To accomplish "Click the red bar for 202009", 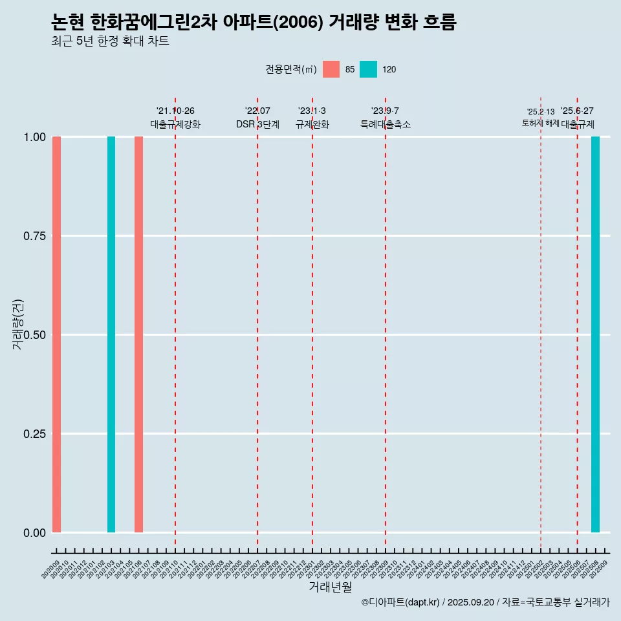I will [56, 334].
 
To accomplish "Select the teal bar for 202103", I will [111, 334].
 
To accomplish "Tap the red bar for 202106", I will [138, 334].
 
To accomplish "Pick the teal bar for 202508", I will [595, 334].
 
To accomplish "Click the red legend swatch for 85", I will [331, 69].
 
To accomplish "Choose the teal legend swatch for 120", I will [368, 69].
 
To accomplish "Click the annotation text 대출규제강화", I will [175, 124].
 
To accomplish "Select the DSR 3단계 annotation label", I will [257, 124].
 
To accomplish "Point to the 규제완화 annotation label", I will [312, 124].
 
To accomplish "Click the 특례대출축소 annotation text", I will [386, 124].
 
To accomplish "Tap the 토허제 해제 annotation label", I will [541, 123].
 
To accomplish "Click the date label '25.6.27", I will [577, 111].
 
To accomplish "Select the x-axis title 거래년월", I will [331, 587].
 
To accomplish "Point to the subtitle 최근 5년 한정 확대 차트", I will [110, 41].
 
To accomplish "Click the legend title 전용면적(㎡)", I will [291, 69].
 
